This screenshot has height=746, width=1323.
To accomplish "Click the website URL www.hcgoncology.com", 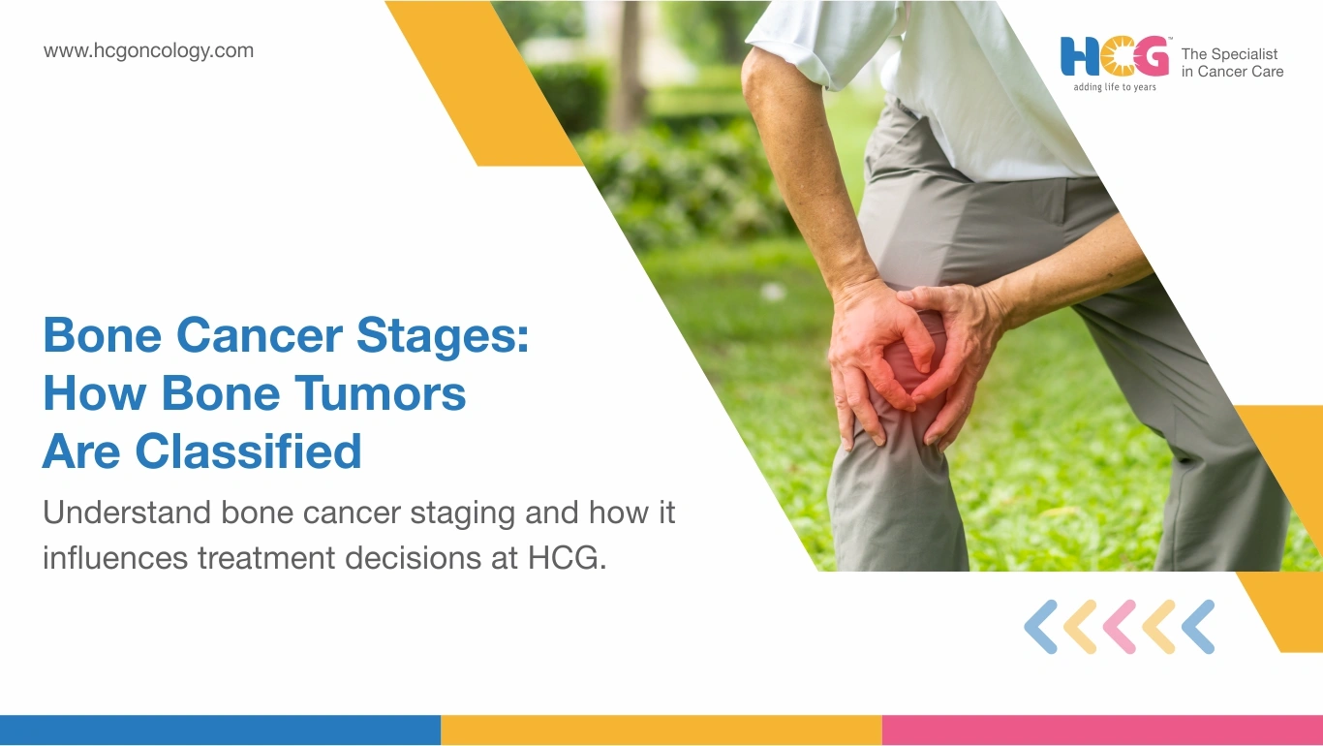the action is click(148, 51).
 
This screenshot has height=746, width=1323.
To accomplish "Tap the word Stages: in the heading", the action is click(443, 336).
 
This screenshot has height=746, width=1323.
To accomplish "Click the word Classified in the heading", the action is click(248, 451).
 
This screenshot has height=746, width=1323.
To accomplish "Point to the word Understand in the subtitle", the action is click(127, 513).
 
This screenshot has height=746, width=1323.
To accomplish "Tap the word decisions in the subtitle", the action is click(413, 558).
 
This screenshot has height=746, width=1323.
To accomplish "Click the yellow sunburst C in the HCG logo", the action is click(1117, 56).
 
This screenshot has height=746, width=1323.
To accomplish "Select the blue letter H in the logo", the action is click(1080, 56).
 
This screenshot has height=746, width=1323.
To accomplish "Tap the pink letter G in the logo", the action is click(1152, 56).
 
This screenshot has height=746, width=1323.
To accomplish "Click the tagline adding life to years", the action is click(1115, 87).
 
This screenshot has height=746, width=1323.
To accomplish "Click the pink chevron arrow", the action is click(1120, 627).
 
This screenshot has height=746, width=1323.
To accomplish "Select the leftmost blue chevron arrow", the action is click(1041, 627).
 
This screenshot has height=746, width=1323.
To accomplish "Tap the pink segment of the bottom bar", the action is click(1102, 730).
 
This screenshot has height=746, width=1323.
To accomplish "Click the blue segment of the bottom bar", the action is click(220, 730).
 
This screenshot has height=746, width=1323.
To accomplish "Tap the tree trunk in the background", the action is click(629, 65).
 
